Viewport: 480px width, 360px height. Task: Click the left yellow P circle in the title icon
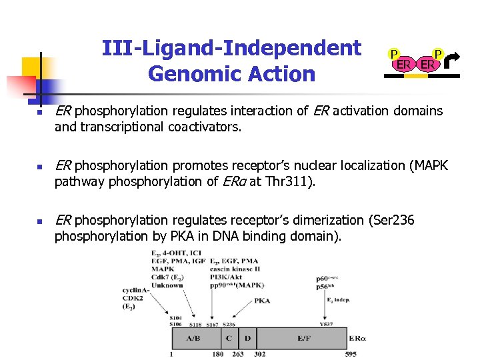(394, 54)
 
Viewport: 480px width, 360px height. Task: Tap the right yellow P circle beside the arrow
(437, 54)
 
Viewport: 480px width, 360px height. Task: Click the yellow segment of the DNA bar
(416, 75)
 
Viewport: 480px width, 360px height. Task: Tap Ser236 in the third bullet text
(394, 219)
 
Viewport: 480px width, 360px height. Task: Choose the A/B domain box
(193, 339)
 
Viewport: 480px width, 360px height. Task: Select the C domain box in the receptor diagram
(229, 339)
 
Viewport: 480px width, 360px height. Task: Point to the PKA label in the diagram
(262, 301)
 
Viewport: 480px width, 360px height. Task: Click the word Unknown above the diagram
(167, 285)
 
